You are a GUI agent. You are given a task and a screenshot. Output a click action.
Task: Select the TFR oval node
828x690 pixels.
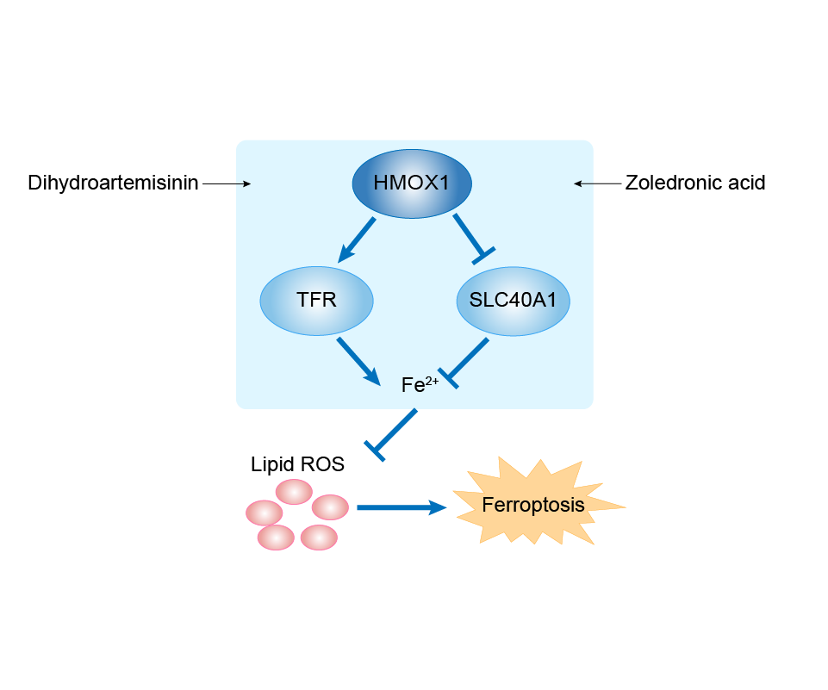pos(316,301)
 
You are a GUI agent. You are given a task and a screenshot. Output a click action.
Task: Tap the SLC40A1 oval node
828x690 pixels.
pos(514,301)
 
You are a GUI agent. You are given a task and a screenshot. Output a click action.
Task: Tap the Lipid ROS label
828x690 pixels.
pos(297,464)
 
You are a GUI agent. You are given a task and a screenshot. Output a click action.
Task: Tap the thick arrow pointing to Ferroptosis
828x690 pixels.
pos(402,508)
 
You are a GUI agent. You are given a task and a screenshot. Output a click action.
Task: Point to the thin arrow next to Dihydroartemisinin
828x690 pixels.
pos(227,183)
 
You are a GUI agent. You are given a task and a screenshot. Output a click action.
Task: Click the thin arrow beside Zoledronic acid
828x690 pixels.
pos(598,183)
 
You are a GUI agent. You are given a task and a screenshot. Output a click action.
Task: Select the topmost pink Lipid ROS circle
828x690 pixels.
pos(294,491)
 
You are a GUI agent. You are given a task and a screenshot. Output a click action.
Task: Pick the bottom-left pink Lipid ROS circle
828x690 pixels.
pos(276,537)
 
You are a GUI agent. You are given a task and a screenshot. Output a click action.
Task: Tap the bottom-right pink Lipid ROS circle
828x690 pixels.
pos(319,537)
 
